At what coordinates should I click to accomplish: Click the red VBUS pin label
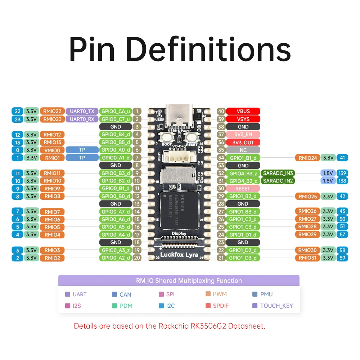[243, 111]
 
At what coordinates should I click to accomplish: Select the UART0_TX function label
[82, 111]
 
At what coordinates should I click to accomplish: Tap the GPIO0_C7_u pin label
[116, 119]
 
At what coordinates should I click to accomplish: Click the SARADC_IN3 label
[278, 173]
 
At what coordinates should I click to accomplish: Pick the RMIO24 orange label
[307, 158]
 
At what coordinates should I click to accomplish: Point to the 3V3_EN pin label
[243, 135]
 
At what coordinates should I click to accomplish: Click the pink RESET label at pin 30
[243, 189]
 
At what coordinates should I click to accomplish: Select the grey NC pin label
[243, 150]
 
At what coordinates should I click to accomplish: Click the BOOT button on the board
[167, 137]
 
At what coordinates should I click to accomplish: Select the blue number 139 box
[342, 173]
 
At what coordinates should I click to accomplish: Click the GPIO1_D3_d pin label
[243, 258]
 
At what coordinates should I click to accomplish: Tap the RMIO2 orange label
[52, 258]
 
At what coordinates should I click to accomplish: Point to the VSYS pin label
[243, 119]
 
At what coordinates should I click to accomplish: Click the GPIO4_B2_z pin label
[243, 181]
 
